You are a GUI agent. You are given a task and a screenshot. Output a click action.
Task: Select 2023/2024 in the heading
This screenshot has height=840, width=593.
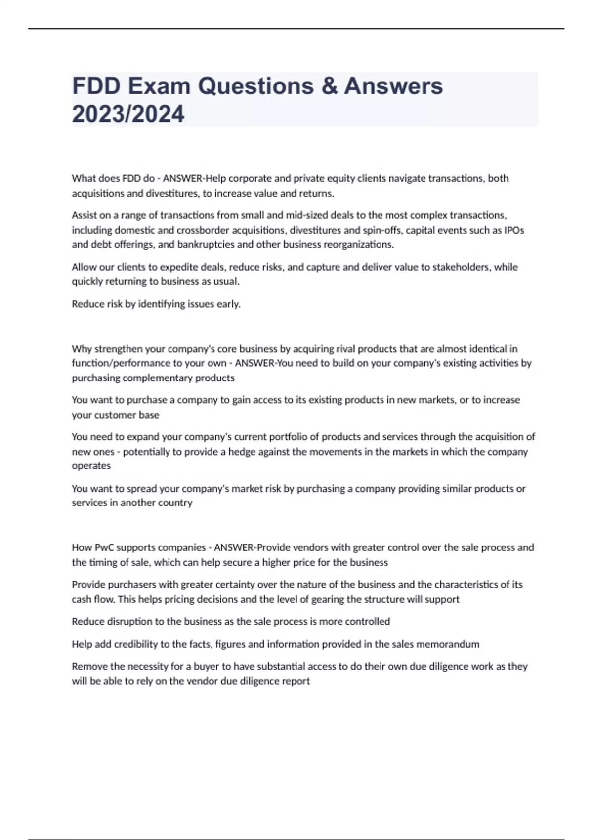[x=128, y=114]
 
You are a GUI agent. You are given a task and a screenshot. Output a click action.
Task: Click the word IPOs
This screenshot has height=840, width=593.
[x=514, y=230]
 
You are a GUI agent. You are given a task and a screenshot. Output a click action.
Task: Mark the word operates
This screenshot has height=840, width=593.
[x=91, y=466]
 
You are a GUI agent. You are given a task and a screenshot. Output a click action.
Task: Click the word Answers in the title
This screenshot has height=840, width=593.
[x=393, y=86]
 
